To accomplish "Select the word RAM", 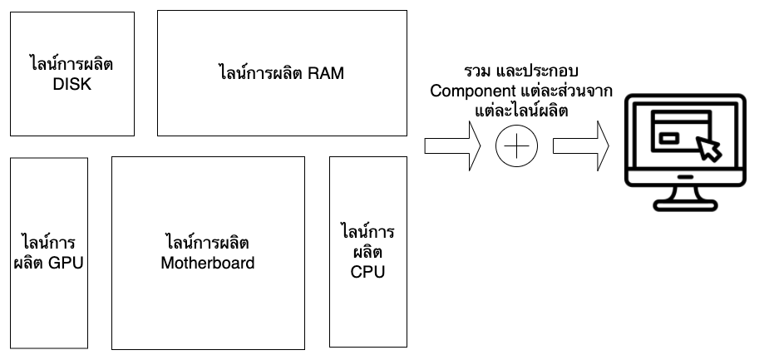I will click(326, 73).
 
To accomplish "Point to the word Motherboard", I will click(207, 264).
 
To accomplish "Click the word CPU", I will click(367, 271).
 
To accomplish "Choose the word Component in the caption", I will click(468, 90).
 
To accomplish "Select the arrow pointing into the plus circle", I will click(454, 145).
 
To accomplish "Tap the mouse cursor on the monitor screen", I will click(709, 149).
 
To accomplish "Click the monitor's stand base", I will click(686, 202).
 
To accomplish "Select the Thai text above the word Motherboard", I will click(207, 244).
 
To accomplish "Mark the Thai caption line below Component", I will click(521, 110).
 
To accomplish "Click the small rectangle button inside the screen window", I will click(668, 139).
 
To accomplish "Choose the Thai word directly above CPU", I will click(367, 252).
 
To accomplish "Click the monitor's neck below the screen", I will click(686, 188).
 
